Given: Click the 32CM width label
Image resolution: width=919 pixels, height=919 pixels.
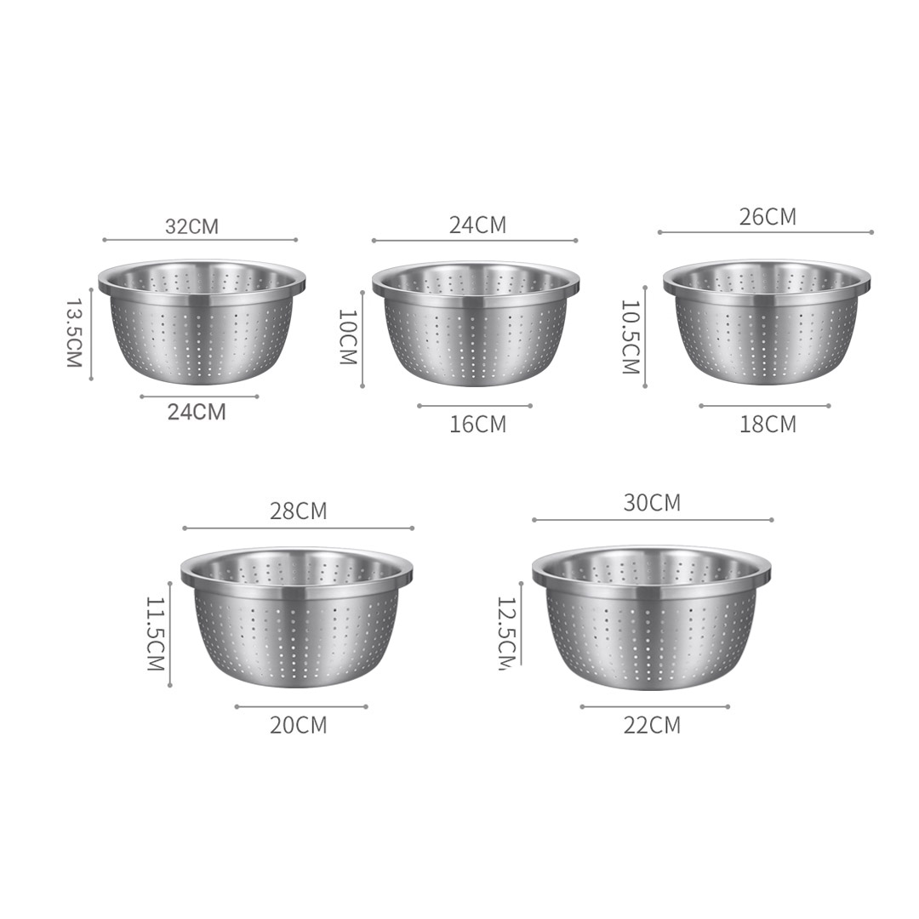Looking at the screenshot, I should pyautogui.click(x=191, y=226).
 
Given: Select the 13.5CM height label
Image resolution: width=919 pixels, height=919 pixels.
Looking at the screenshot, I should pyautogui.click(x=73, y=332).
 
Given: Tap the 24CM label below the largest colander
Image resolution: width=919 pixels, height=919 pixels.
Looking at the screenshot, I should pyautogui.click(x=197, y=412).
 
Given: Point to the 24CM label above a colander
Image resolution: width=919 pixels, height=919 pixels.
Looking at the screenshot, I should pyautogui.click(x=477, y=225).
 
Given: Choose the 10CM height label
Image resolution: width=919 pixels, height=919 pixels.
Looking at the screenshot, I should pyautogui.click(x=347, y=337).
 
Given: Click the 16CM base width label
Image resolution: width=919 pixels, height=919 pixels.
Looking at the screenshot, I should pyautogui.click(x=477, y=424).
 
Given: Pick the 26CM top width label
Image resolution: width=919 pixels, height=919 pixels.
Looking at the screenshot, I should pyautogui.click(x=768, y=217).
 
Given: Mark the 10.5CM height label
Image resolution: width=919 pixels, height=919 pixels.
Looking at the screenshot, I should pyautogui.click(x=630, y=337).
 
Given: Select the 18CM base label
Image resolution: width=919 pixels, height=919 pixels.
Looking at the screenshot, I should pyautogui.click(x=768, y=424).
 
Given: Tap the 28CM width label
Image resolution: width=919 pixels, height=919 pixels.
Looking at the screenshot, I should pyautogui.click(x=298, y=511).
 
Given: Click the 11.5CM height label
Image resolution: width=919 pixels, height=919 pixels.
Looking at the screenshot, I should pyautogui.click(x=155, y=633).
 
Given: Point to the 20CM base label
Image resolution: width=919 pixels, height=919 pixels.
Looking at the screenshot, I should pyautogui.click(x=298, y=726).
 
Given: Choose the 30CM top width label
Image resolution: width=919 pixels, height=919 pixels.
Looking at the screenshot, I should pyautogui.click(x=652, y=503).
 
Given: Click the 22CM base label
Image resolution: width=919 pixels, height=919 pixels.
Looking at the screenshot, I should pyautogui.click(x=652, y=726).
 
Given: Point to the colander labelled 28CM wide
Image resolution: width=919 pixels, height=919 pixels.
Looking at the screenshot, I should pyautogui.click(x=296, y=616).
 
